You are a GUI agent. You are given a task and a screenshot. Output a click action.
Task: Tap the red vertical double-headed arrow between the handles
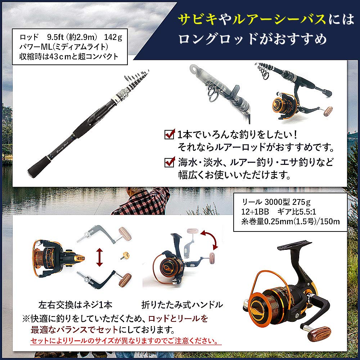tap(100, 257)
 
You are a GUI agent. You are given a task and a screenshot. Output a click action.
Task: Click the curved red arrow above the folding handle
tap(210, 239)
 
